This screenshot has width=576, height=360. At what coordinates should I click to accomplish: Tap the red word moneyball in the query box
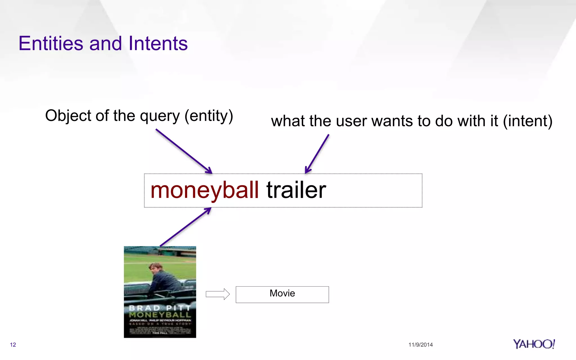click(204, 190)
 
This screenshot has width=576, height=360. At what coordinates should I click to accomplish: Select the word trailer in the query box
click(296, 190)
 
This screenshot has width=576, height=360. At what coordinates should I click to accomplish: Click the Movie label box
click(282, 294)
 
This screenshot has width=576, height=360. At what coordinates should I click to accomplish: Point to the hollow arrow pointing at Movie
click(218, 294)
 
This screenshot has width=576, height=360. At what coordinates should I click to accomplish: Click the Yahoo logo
click(534, 344)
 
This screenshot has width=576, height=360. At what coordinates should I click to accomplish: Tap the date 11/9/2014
click(420, 345)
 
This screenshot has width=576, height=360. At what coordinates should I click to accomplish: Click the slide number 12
click(13, 345)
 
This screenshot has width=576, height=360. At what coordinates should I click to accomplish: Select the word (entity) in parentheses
click(209, 116)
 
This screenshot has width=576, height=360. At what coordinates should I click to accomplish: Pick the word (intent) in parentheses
click(527, 121)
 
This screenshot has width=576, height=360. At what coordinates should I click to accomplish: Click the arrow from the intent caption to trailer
click(317, 154)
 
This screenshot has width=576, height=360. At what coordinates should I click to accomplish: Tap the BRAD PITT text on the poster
click(160, 308)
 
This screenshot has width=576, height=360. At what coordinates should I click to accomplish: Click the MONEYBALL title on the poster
click(160, 315)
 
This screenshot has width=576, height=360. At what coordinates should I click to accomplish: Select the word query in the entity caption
click(160, 116)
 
